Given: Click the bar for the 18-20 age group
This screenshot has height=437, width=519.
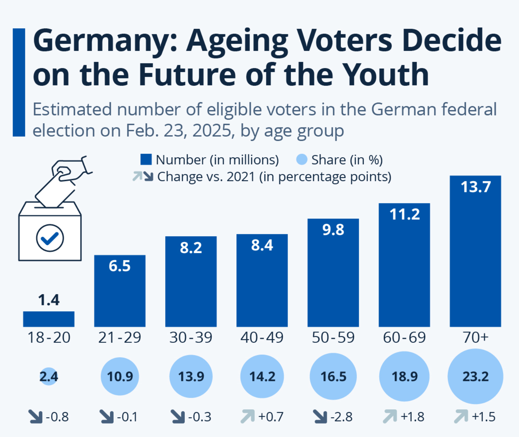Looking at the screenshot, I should [x=49, y=319].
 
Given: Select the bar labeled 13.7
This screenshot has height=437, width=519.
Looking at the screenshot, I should [x=475, y=252].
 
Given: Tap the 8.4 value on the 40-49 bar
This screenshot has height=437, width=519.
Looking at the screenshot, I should [x=262, y=245].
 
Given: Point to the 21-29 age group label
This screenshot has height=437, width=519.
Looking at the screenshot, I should [x=120, y=338].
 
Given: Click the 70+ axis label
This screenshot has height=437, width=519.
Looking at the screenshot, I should [x=475, y=338].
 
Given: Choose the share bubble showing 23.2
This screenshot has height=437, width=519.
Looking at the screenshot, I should [x=475, y=376].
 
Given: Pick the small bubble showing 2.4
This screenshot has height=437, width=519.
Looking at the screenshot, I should [x=49, y=376].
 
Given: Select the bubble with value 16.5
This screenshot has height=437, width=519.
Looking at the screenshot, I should [x=333, y=376].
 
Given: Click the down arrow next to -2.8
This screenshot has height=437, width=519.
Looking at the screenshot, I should [x=320, y=416].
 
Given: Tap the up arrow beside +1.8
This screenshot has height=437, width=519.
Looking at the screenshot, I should [x=390, y=416].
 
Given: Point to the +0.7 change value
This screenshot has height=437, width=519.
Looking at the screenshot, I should [x=271, y=417].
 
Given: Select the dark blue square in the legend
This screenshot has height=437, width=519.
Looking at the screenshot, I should [x=146, y=159].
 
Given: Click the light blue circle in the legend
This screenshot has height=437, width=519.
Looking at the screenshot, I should [x=302, y=159].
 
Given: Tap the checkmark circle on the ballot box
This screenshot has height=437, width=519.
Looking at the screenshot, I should [x=50, y=238].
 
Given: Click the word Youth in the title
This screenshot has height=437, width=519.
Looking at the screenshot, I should [x=385, y=74].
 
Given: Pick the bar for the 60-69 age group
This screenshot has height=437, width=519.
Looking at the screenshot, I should [x=404, y=266].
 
